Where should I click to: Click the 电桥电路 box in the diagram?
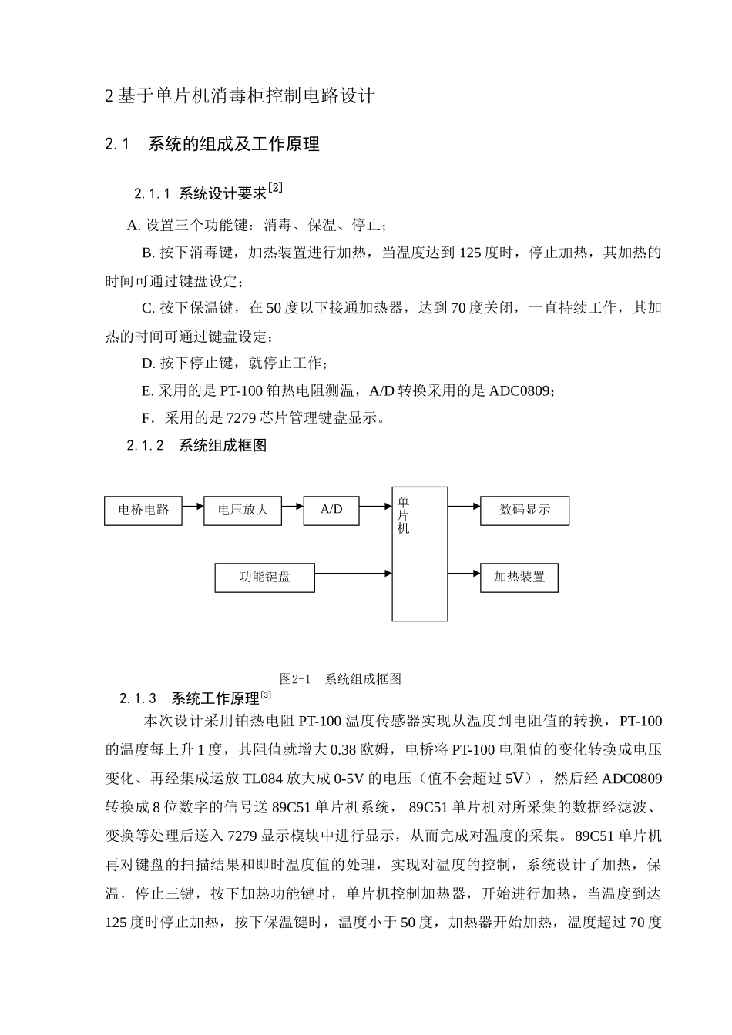(143, 511)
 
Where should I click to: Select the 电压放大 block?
(243, 511)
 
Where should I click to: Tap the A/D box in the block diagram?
(331, 510)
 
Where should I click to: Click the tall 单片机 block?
(420, 554)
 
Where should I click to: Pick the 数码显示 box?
(525, 511)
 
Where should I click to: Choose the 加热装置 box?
(519, 578)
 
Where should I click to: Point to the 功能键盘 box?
(265, 578)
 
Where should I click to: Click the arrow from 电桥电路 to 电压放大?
(193, 507)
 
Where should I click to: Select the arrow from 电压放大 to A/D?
(292, 507)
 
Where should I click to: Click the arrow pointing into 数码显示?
(464, 507)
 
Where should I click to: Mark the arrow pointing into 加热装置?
(464, 574)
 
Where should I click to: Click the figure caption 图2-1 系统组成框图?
(340, 679)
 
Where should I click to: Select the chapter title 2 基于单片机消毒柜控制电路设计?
(240, 96)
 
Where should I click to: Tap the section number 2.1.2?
(146, 446)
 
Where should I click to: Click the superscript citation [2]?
(275, 187)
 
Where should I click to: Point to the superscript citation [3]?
(266, 695)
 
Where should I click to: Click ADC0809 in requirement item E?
(520, 391)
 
